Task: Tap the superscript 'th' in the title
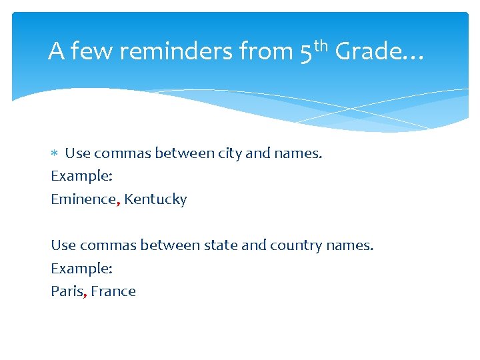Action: click(321, 45)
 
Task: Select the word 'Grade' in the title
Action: click(369, 51)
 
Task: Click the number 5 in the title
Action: click(306, 53)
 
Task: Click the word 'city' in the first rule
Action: click(229, 153)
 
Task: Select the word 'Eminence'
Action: click(83, 199)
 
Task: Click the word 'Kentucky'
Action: click(155, 199)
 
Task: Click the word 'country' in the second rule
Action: click(296, 245)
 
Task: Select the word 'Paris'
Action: click(67, 291)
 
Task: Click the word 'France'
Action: click(113, 291)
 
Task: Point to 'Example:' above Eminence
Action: click(81, 177)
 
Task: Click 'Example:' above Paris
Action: click(81, 269)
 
